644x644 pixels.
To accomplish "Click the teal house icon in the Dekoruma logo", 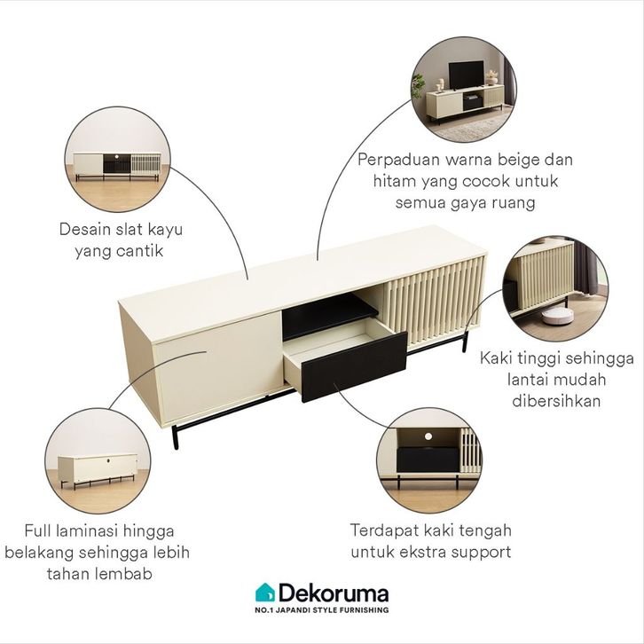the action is point(265,593).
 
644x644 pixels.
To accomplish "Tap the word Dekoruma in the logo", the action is point(334,593).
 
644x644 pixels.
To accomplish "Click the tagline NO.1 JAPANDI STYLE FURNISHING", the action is point(322,610).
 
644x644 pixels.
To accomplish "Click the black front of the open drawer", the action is point(354,366).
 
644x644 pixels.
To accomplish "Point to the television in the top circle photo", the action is point(466,75).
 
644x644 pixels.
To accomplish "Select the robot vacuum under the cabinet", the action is point(557,315).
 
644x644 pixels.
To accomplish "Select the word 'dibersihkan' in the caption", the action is point(556,400).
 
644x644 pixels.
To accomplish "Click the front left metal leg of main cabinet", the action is point(176,437).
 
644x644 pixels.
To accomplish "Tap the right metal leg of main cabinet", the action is point(465,341).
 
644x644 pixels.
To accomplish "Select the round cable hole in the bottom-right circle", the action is point(428,436).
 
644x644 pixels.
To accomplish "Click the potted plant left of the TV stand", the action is point(418,86).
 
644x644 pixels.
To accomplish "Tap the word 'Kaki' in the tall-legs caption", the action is point(495,358).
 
